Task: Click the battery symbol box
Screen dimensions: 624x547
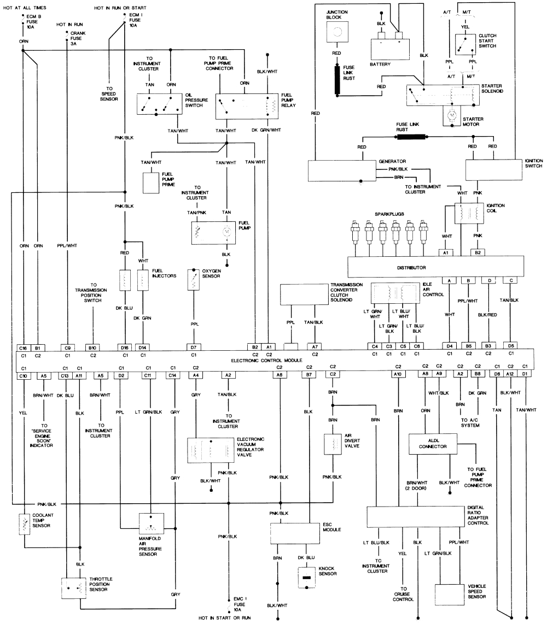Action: pyautogui.click(x=391, y=49)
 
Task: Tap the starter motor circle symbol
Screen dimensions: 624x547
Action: pyautogui.click(x=452, y=116)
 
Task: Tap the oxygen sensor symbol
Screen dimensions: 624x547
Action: pyautogui.click(x=193, y=280)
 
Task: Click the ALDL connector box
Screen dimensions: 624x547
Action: pyautogui.click(x=433, y=443)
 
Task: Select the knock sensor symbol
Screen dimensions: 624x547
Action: pyautogui.click(x=306, y=577)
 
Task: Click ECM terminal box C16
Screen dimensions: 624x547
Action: pyautogui.click(x=24, y=347)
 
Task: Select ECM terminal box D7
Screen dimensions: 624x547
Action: pyautogui.click(x=193, y=347)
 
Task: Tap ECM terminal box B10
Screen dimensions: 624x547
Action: pyautogui.click(x=93, y=347)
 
